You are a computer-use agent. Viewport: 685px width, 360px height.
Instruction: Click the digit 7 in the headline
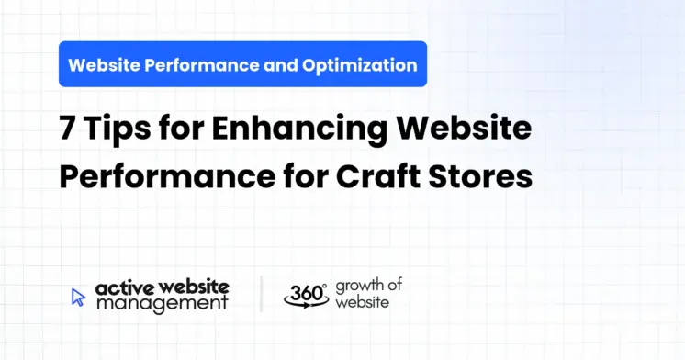point(67,130)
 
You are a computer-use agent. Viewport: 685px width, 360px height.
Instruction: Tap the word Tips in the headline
point(113,130)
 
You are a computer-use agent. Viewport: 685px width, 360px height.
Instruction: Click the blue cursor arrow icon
point(78,296)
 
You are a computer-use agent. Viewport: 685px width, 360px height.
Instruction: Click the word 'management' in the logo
point(162,303)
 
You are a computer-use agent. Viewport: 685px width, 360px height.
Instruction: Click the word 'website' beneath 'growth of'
point(361,302)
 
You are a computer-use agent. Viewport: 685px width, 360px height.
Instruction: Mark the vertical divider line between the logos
point(261,294)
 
